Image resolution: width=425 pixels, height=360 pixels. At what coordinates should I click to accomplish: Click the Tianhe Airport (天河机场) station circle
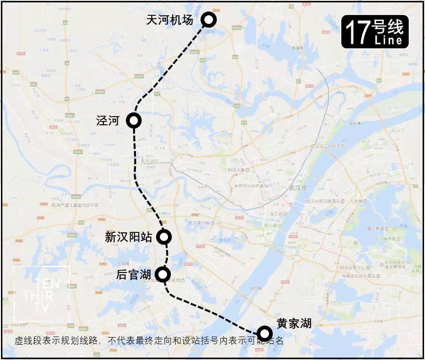point(209,20)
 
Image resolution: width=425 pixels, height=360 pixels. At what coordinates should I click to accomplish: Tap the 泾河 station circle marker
point(134,121)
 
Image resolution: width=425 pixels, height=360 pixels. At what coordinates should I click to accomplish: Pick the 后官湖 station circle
point(163,274)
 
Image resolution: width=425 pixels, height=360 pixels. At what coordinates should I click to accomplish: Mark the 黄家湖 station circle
point(264,333)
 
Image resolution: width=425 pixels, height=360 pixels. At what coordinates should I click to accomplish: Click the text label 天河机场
point(169,20)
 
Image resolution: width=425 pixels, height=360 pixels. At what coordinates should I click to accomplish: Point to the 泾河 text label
point(108,120)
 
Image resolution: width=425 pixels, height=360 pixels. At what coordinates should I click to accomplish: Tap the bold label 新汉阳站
point(128,237)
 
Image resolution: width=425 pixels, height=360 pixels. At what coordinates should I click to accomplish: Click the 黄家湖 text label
point(294,323)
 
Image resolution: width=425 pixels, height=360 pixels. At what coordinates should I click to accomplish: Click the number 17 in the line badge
point(357,32)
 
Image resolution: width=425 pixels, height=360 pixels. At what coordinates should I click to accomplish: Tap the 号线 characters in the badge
point(387,27)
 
